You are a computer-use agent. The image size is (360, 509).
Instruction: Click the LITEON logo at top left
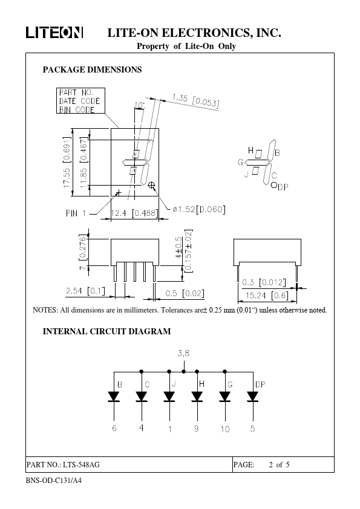click(x=54, y=33)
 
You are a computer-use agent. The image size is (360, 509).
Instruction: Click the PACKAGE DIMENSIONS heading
click(x=93, y=70)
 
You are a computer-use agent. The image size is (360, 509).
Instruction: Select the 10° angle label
click(x=139, y=105)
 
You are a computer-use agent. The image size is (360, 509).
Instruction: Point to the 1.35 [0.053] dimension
click(x=195, y=100)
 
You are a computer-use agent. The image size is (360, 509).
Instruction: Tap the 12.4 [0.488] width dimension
click(x=134, y=213)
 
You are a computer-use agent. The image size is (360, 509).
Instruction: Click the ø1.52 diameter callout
click(x=198, y=209)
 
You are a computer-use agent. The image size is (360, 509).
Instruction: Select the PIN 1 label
click(x=76, y=213)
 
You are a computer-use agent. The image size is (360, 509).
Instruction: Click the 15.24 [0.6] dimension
click(x=267, y=296)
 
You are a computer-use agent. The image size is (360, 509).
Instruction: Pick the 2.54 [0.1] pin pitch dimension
click(x=85, y=291)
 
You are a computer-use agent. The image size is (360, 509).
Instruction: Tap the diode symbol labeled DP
click(x=252, y=397)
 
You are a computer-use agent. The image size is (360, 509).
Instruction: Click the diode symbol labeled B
click(x=114, y=397)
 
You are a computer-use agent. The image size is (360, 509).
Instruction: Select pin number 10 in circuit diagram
click(x=225, y=429)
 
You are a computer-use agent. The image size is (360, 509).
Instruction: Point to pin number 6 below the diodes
click(x=114, y=428)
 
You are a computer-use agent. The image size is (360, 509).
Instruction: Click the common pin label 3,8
click(x=183, y=353)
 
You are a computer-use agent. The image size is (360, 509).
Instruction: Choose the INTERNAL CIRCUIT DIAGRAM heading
click(x=106, y=331)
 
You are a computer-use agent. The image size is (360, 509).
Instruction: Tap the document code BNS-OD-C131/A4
click(x=54, y=481)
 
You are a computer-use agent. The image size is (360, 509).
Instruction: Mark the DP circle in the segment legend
click(x=274, y=185)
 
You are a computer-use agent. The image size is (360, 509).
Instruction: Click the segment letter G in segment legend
click(x=240, y=162)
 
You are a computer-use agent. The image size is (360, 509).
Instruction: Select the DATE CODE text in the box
click(x=80, y=101)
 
